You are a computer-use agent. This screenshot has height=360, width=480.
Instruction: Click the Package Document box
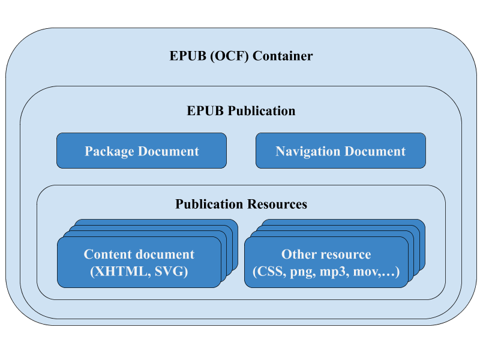click(x=142, y=151)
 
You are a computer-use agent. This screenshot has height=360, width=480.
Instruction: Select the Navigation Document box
click(x=341, y=151)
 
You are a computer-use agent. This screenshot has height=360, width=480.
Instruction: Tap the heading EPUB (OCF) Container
click(x=241, y=56)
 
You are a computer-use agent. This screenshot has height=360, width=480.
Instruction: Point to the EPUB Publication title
click(x=241, y=111)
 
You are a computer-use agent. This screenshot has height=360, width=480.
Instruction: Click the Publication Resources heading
click(x=241, y=204)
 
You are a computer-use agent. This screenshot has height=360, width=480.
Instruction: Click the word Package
click(x=109, y=151)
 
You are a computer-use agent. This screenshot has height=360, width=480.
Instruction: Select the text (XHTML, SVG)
click(x=139, y=272)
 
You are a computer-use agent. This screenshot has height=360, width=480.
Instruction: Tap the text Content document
click(x=139, y=254)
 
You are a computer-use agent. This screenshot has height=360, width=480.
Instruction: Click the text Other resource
click(x=326, y=254)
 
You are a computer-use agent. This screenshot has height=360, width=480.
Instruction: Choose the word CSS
click(x=271, y=272)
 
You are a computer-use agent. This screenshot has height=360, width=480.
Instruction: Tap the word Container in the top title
click(x=283, y=56)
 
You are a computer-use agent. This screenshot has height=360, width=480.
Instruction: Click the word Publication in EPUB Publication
click(x=261, y=111)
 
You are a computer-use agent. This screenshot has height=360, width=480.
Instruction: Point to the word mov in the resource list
click(x=364, y=272)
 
